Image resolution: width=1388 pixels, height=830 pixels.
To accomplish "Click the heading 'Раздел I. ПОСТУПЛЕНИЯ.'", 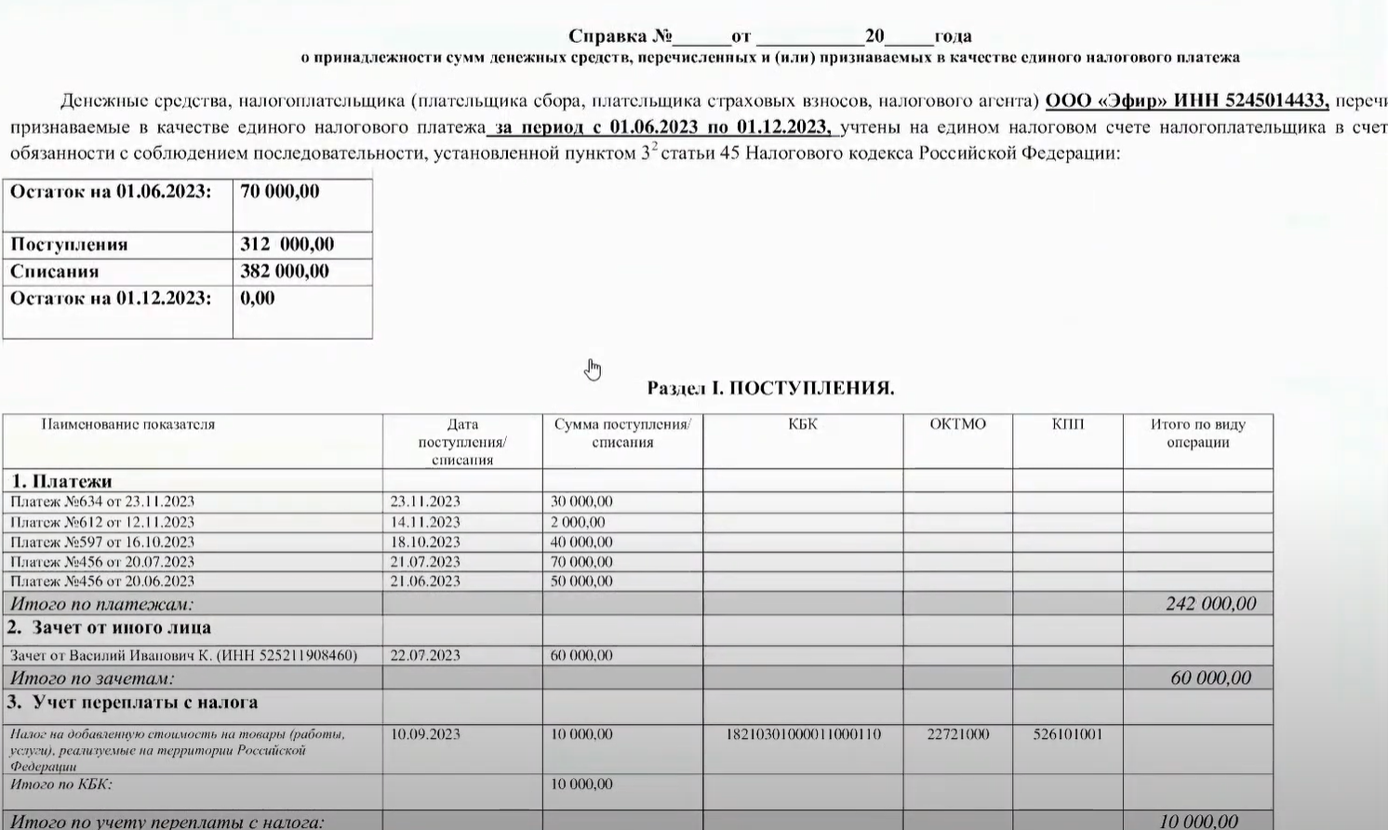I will click(770, 388).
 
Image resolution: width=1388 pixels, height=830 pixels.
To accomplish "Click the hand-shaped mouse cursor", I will click(593, 369).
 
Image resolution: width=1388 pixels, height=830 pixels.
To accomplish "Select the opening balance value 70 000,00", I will click(280, 192).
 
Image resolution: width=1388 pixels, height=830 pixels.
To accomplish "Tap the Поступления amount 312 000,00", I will click(287, 245).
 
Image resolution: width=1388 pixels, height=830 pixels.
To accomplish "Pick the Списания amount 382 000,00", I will click(285, 272).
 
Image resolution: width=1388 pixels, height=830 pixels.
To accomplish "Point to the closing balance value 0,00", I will click(258, 299).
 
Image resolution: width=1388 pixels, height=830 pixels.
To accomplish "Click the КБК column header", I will click(802, 424).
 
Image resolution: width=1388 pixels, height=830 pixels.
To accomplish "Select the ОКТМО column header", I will click(957, 424).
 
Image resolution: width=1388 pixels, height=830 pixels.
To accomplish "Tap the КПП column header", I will click(1067, 424).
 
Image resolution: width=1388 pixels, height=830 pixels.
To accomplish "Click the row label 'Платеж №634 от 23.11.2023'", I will click(102, 502).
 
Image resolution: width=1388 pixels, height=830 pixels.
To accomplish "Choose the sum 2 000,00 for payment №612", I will click(578, 522).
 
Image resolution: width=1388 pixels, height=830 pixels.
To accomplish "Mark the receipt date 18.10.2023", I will click(425, 542).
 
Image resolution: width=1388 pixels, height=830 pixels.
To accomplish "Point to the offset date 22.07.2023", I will click(425, 655).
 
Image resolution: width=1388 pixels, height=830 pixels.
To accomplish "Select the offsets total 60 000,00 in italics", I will click(1210, 678).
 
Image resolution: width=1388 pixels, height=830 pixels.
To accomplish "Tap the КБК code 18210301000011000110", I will click(802, 734).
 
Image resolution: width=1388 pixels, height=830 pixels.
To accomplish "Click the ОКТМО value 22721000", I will click(957, 734).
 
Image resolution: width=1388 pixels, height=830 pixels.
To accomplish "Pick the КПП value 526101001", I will click(1067, 734).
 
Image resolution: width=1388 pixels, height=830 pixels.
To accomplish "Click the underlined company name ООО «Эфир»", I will click(1106, 101).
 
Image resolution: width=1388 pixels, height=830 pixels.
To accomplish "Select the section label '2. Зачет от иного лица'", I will click(110, 628).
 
